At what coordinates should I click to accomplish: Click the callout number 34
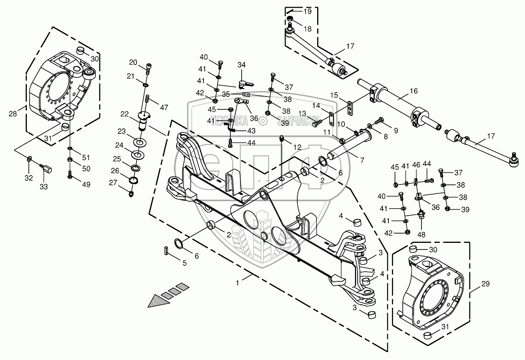pyautogui.click(x=242, y=65)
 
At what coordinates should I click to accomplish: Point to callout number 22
pyautogui.click(x=124, y=114)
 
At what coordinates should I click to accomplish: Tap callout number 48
pyautogui.click(x=421, y=234)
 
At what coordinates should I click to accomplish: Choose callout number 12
pyautogui.click(x=297, y=147)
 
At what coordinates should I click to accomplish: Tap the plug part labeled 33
pyautogui.click(x=47, y=169)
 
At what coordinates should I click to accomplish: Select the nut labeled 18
pyautogui.click(x=290, y=20)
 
